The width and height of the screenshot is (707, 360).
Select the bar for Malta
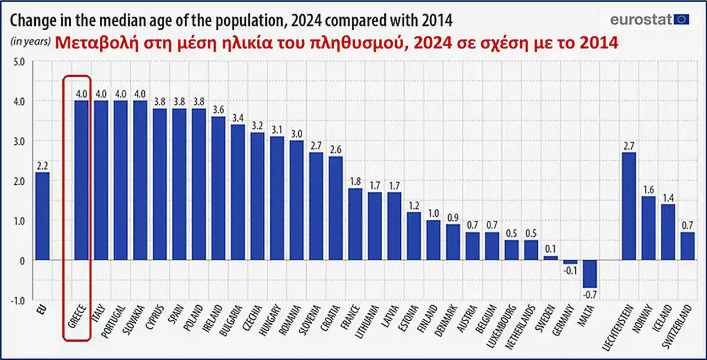(x=590, y=274)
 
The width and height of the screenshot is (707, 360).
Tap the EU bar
(x=42, y=216)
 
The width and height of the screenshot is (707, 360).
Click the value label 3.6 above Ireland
(x=218, y=109)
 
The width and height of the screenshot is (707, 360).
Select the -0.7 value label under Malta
(x=590, y=295)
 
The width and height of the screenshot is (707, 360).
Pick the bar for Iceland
(x=668, y=232)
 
